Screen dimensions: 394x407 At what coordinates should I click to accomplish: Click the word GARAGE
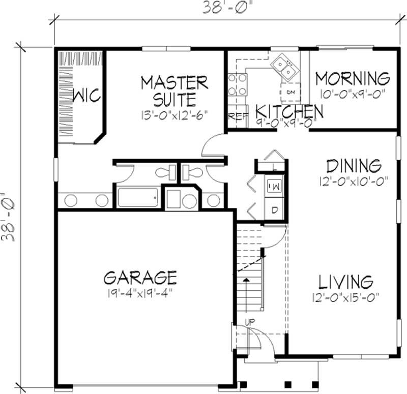[140, 278]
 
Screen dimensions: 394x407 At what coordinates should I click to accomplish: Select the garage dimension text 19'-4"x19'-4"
[140, 294]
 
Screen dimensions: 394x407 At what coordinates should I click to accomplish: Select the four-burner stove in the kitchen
[237, 85]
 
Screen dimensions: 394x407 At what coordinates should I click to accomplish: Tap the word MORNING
[353, 79]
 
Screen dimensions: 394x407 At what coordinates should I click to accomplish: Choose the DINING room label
[353, 166]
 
